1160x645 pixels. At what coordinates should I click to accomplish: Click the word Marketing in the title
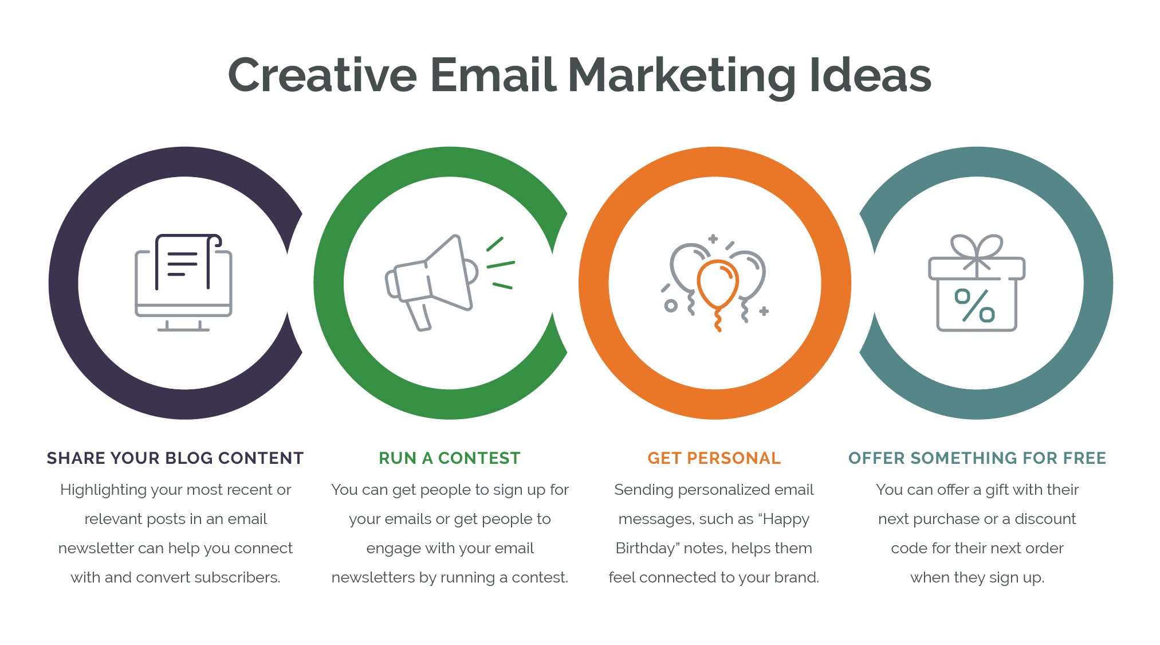click(682, 76)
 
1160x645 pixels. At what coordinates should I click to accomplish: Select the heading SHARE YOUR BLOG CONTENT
click(175, 458)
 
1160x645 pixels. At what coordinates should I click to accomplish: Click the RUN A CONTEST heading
click(450, 458)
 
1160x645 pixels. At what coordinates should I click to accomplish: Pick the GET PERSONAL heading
click(714, 458)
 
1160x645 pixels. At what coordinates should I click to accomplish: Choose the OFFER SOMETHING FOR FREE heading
click(977, 458)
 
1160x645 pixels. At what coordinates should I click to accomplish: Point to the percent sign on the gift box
click(974, 305)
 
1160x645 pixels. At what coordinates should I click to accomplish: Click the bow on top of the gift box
click(977, 251)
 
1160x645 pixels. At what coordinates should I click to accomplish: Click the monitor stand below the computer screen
click(183, 326)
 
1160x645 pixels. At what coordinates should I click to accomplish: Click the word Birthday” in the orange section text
click(646, 549)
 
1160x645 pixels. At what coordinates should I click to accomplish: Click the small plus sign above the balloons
click(713, 239)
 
